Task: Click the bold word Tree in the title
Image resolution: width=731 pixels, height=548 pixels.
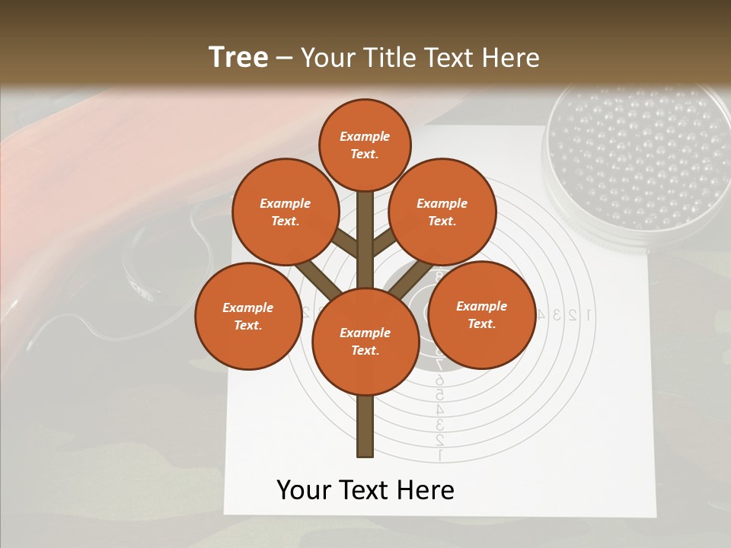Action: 238,57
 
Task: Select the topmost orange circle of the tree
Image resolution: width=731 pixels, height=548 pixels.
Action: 365,145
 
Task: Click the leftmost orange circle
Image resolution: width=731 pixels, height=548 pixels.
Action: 247,316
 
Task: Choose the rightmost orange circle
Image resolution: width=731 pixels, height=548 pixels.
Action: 481,314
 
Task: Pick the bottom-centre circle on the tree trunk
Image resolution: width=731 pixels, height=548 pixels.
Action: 365,341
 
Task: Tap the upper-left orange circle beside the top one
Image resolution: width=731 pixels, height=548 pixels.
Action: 285,212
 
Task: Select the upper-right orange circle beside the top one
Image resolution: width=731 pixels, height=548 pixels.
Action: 442,212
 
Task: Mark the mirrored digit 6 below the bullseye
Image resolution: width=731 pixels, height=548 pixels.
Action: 439,380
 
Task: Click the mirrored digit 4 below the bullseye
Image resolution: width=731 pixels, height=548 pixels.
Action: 439,409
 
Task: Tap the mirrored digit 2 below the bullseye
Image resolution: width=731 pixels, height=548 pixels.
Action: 439,440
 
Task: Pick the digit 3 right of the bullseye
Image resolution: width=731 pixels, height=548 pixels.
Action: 557,314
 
